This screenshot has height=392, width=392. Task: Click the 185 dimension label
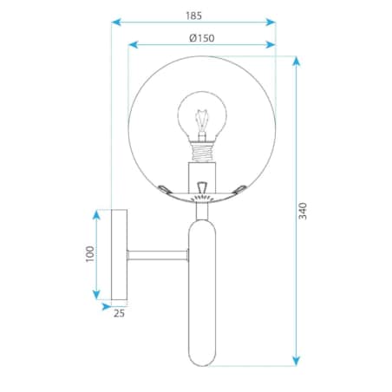[193, 16]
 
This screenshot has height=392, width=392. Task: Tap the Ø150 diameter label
[202, 38]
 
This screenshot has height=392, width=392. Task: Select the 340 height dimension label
[303, 211]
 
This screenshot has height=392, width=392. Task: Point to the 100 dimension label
[90, 254]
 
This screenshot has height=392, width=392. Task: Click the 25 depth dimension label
[119, 313]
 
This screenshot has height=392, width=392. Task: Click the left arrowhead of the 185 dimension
[116, 22]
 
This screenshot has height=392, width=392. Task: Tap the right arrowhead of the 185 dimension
[271, 22]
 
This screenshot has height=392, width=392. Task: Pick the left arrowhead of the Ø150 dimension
[133, 44]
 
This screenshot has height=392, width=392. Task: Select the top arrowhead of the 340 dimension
[296, 62]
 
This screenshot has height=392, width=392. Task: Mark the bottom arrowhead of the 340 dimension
[296, 361]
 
